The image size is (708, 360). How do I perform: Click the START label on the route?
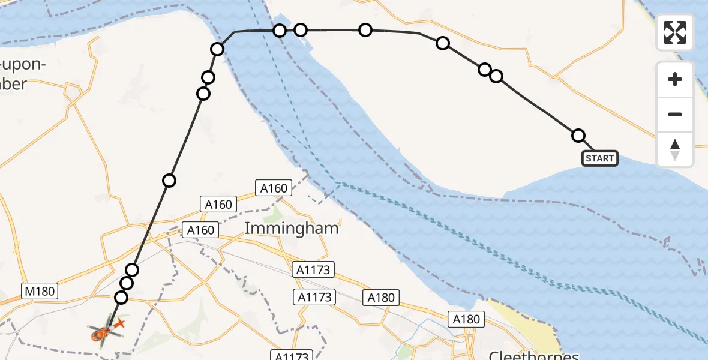coord(599,158)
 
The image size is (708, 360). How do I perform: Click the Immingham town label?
coord(292,229)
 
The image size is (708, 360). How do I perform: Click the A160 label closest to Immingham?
coord(274,188)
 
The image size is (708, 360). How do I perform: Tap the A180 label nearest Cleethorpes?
coord(466,319)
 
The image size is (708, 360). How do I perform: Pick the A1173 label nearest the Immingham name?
coord(313,269)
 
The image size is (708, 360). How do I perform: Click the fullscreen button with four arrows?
coord(675,32)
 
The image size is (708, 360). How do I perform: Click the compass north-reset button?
coord(675,149)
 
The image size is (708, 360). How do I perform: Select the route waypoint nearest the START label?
coord(578,136)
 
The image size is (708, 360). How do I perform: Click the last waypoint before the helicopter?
coord(122,298)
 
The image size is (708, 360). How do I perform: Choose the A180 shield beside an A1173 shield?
coord(381,298)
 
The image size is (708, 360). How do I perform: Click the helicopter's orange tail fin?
coord(118,325)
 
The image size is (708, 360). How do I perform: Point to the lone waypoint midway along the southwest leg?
coord(169,180)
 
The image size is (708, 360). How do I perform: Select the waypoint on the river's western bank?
coord(218,49)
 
